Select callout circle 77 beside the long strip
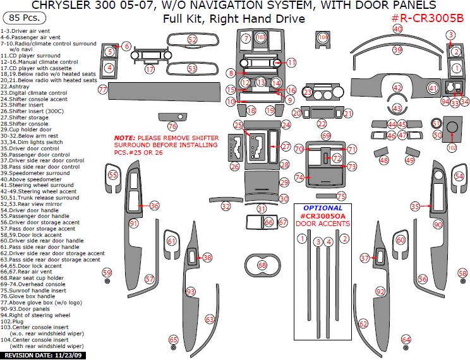click(x=102, y=90)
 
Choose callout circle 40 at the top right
click(x=397, y=29)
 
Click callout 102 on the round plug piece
click(x=451, y=147)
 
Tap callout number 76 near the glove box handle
click(x=172, y=126)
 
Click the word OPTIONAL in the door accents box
click(x=322, y=208)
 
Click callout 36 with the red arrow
click(x=154, y=205)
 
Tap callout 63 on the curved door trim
click(x=210, y=320)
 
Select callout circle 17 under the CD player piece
click(x=149, y=69)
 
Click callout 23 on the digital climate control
click(x=308, y=93)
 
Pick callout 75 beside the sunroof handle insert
click(x=341, y=196)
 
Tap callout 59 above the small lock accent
click(x=107, y=272)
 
